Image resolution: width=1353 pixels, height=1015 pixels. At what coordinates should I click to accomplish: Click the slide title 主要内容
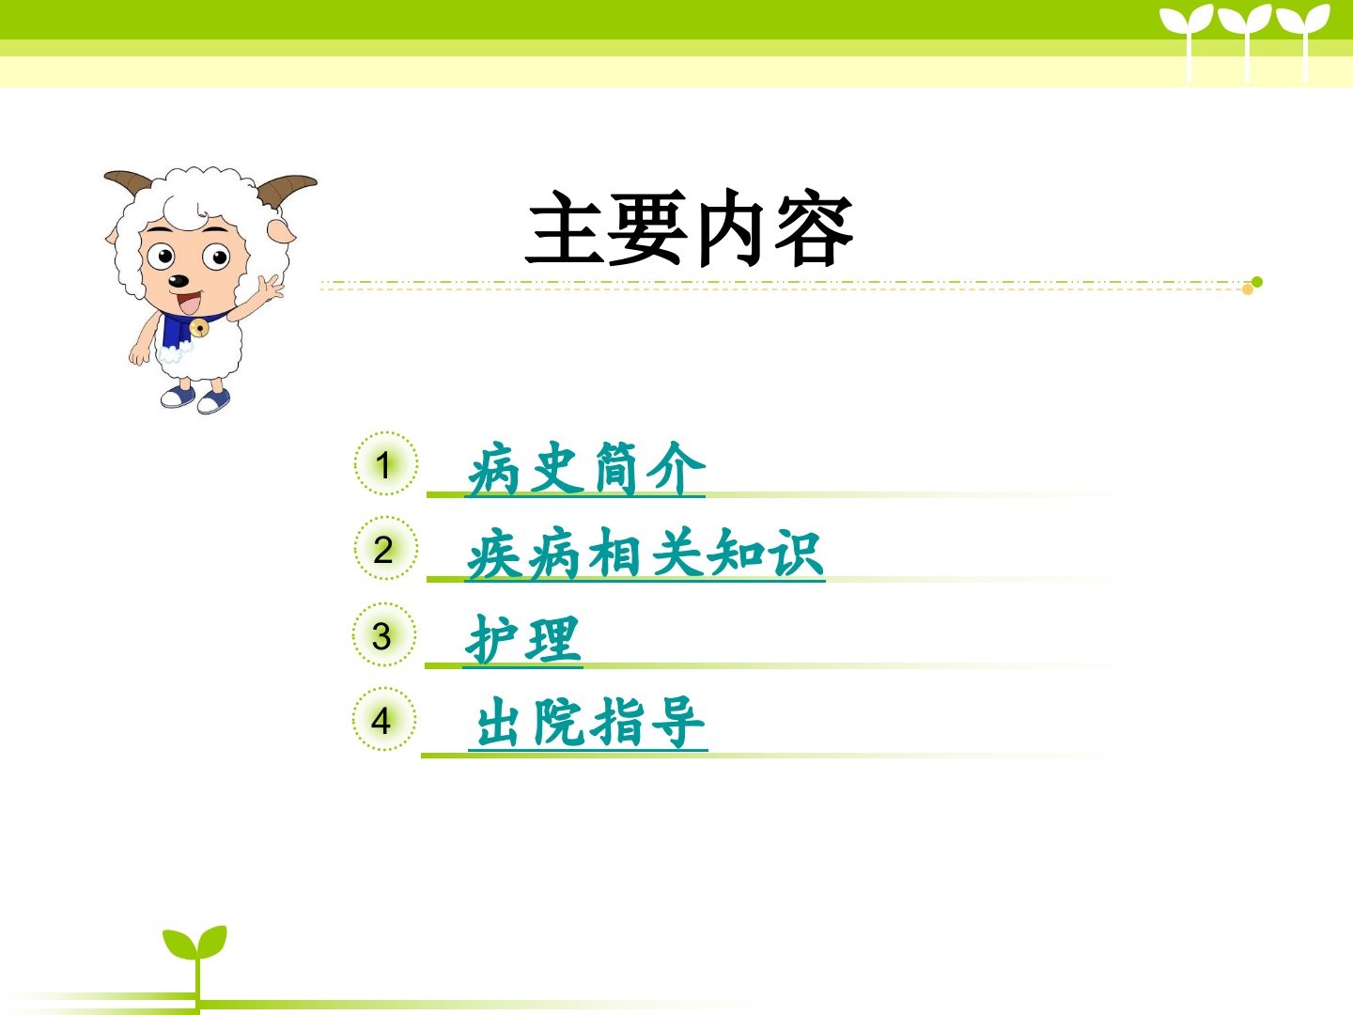click(689, 227)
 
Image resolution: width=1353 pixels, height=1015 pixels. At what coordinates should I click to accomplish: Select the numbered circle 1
click(386, 463)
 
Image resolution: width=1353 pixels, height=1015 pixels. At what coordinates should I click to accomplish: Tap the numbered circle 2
click(386, 548)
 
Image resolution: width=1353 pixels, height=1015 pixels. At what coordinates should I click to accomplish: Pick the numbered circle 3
click(384, 634)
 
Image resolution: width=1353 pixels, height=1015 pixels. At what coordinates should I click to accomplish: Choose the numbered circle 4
click(384, 719)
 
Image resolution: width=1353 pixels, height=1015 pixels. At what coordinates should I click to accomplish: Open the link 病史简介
click(585, 469)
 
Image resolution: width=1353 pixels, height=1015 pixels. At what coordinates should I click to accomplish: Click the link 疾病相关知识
click(645, 554)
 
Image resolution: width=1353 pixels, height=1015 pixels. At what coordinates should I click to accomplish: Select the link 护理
click(523, 640)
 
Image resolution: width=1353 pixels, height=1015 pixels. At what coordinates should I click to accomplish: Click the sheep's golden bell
click(199, 327)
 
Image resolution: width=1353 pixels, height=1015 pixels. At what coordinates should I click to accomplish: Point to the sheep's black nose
click(179, 281)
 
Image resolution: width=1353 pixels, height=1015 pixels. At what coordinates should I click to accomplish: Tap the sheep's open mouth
click(189, 303)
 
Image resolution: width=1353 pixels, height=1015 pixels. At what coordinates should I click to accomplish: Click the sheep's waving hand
click(271, 289)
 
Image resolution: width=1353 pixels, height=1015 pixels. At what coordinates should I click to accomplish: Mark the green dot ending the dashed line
click(1257, 282)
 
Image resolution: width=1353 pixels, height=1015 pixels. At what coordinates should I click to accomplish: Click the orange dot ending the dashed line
click(1248, 289)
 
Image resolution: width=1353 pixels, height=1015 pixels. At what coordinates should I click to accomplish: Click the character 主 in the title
click(565, 227)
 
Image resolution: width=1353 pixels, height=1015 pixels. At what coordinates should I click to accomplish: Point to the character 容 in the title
click(814, 228)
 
